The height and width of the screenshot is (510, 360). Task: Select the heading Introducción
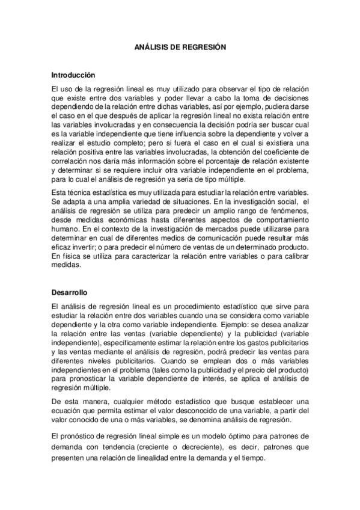[x=74, y=75]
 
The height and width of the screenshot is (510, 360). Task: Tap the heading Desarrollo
[x=70, y=292]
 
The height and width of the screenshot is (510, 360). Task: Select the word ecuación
[x=67, y=410]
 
